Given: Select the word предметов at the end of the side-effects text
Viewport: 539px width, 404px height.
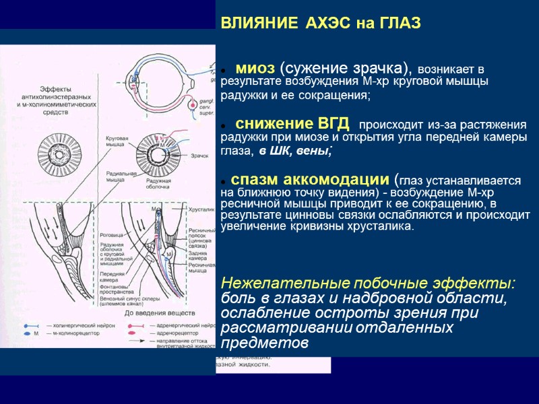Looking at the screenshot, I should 265,343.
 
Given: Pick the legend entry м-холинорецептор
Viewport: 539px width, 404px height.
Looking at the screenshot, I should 75,333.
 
